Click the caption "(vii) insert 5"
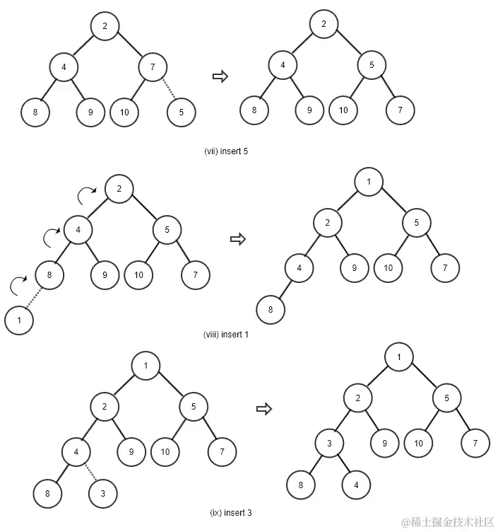226,151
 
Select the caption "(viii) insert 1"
226,335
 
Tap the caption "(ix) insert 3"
231,513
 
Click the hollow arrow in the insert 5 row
220,76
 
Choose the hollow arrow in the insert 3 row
263,408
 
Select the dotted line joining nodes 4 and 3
90,472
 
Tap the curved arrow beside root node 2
88,193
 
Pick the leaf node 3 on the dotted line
103,492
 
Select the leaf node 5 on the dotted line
182,111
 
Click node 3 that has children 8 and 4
328,444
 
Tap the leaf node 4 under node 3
355,485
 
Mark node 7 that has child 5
153,67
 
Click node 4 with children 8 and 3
76,451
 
